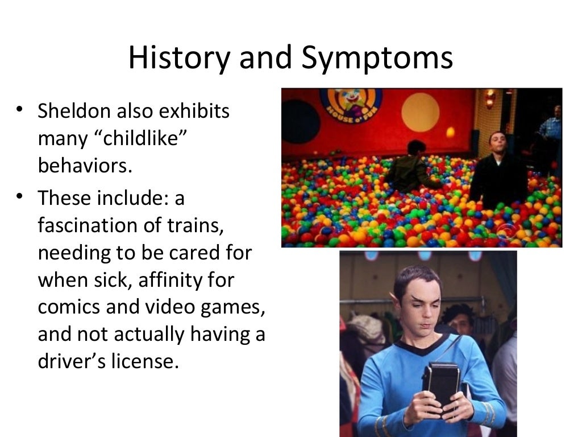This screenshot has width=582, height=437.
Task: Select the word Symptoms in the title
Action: (x=377, y=58)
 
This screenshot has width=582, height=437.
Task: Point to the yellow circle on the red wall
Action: (x=420, y=112)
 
